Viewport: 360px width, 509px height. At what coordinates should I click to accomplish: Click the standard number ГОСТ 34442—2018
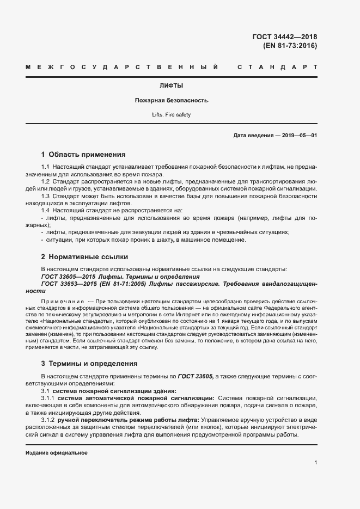coord(284,37)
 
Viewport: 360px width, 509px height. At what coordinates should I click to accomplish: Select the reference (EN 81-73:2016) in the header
coord(290,46)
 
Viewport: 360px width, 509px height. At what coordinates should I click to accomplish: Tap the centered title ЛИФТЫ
coord(171,86)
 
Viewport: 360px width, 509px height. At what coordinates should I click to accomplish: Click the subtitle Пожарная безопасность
coord(171,101)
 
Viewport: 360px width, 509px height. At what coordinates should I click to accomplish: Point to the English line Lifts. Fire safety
coord(171,115)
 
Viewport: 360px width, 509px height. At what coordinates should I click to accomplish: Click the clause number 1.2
coord(46,181)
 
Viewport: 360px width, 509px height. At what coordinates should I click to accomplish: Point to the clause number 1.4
coord(46,210)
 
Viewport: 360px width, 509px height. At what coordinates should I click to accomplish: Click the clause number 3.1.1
coord(49,398)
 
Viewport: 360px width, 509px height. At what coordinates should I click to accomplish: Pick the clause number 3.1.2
coord(49,420)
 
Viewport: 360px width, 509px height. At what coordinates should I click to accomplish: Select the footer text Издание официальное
coord(57,453)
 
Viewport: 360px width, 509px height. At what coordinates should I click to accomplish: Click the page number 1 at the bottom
coord(315,462)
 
